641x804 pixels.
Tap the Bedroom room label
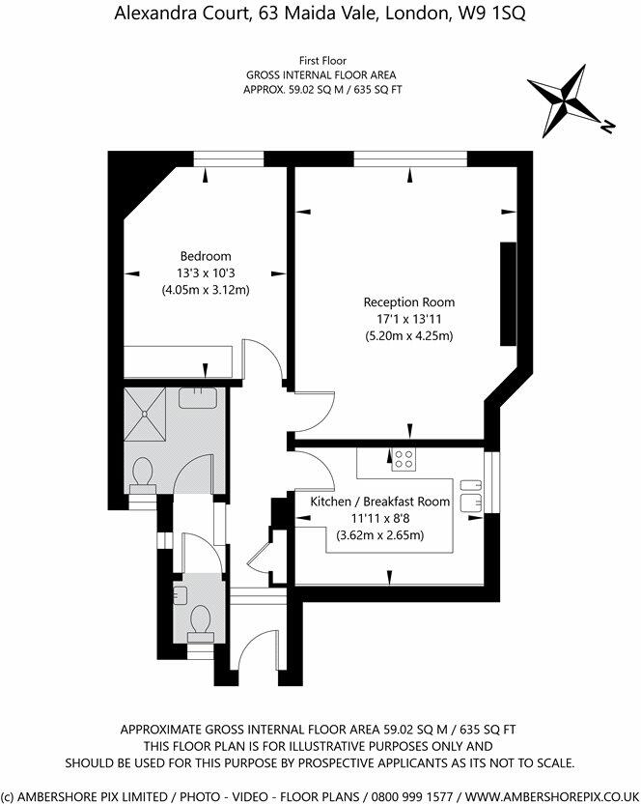204,256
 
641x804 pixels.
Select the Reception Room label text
408,302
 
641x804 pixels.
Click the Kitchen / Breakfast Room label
379,502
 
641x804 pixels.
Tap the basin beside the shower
199,394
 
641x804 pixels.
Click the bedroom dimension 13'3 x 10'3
204,273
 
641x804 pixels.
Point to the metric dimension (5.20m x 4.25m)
408,335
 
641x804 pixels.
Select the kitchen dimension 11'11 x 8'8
379,518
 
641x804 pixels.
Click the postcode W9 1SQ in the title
492,14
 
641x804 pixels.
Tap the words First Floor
320,60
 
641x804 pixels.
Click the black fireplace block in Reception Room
508,294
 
